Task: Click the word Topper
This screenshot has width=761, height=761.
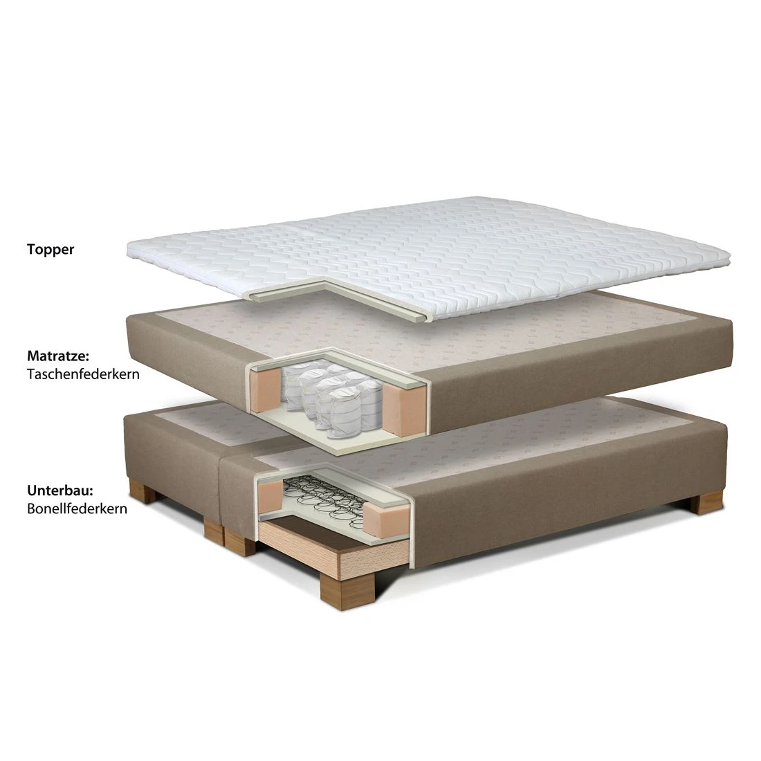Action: tap(51, 250)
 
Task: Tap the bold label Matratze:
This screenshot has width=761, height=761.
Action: tap(58, 356)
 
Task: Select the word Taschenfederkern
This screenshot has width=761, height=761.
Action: tap(84, 374)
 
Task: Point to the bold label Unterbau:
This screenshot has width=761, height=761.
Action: tap(60, 490)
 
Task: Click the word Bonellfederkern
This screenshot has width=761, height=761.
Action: tap(77, 508)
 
